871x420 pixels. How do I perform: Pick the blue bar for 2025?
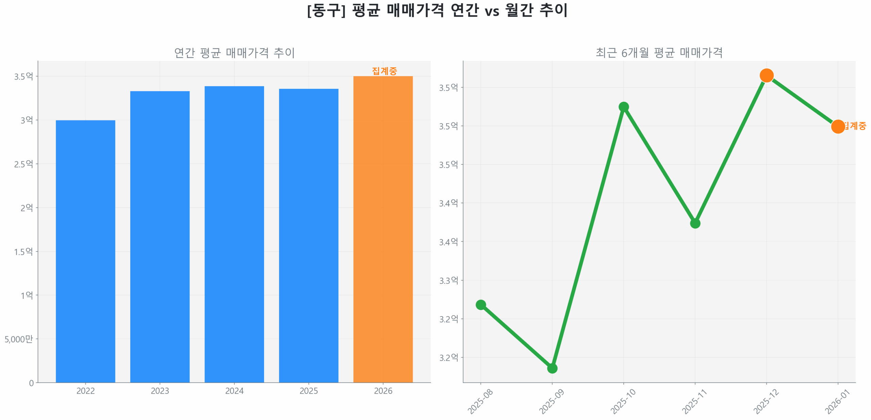(308, 235)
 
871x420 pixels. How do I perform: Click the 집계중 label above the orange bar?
(384, 71)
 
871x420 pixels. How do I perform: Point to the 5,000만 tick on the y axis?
(19, 339)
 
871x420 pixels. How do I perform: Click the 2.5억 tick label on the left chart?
(23, 164)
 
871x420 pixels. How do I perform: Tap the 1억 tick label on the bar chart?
(27, 295)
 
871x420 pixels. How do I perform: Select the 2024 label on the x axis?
(234, 391)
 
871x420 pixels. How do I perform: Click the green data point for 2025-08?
(480, 305)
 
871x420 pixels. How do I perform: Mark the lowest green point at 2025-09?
(552, 368)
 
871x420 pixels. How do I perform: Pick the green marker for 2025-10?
(623, 107)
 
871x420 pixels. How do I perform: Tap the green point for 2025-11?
(695, 223)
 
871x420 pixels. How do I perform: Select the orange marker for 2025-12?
(766, 75)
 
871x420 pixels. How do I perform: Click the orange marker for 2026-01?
(838, 127)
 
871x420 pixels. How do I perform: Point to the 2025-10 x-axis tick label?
(623, 401)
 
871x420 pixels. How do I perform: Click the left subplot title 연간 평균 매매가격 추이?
(234, 53)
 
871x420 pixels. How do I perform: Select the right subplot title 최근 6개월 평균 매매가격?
(659, 53)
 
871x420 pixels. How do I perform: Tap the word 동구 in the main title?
(326, 11)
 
